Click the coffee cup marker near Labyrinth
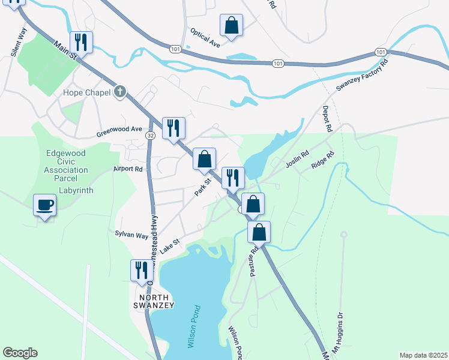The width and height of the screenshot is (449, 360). point(45,205)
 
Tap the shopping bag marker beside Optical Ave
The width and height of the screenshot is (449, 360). point(231,26)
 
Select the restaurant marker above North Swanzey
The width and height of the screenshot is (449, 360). point(142,271)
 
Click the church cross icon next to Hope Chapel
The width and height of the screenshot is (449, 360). point(120,92)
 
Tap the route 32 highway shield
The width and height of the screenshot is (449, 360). point(150,136)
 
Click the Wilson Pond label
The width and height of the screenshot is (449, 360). point(196,325)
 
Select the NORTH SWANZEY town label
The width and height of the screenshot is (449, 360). point(148,301)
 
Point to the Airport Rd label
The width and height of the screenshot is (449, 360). point(128,169)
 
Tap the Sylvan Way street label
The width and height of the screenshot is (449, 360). point(131,236)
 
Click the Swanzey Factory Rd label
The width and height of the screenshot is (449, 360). point(362,77)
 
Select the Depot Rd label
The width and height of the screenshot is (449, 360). point(327,119)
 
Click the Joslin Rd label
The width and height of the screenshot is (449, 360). point(297,160)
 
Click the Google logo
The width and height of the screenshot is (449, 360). point(20,353)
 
